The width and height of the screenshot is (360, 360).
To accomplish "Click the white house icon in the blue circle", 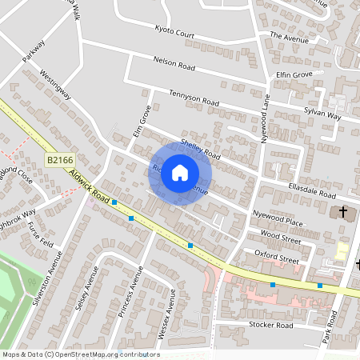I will pyautogui.click(x=180, y=172).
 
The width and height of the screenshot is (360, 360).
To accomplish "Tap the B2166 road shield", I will pyautogui.click(x=58, y=161).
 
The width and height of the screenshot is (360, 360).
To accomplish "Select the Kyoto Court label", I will pyautogui.click(x=174, y=31).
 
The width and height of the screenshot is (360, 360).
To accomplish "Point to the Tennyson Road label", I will pyautogui.click(x=194, y=98).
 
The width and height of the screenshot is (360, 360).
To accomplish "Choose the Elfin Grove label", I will pyautogui.click(x=294, y=75).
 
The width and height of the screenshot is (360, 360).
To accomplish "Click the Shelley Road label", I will pyautogui.click(x=200, y=148).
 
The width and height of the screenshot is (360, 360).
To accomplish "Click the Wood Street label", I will pyautogui.click(x=281, y=238).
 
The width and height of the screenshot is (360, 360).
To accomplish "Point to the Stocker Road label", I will pyautogui.click(x=270, y=326).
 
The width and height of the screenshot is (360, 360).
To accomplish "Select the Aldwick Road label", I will pyautogui.click(x=89, y=185).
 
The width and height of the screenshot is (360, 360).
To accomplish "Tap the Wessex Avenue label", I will pyautogui.click(x=170, y=312).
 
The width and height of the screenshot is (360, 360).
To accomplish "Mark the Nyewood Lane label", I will pyautogui.click(x=266, y=121).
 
